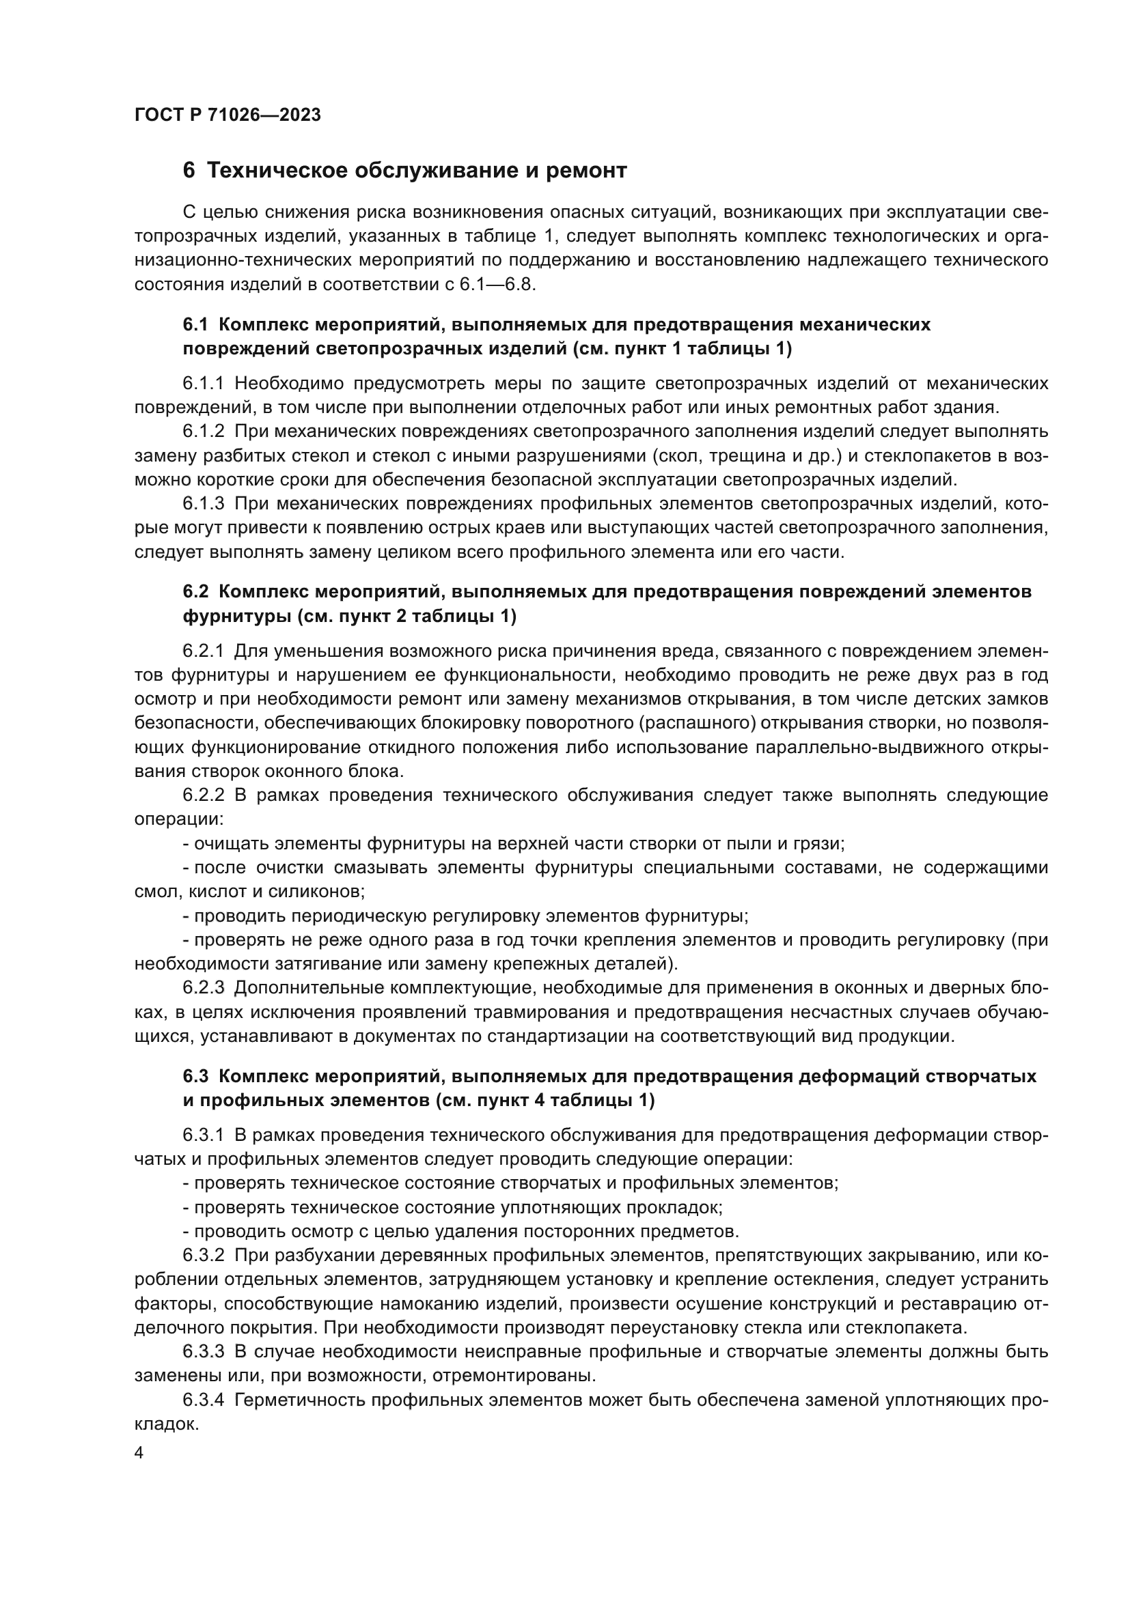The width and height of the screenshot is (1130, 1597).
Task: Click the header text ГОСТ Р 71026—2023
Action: point(228,115)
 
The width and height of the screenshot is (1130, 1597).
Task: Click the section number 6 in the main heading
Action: point(189,171)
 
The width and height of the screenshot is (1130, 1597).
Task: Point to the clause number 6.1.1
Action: point(203,383)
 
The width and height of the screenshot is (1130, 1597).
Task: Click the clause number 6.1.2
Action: point(203,432)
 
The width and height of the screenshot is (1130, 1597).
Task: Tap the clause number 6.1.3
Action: point(203,504)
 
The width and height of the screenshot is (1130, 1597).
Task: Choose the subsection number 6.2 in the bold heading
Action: point(195,591)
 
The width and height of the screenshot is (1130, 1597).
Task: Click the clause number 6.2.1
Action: point(203,651)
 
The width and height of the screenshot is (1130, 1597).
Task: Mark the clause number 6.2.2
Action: point(203,795)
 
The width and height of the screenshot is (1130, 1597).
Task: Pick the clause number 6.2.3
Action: point(203,988)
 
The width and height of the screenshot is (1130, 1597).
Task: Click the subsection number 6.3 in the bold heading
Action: point(195,1076)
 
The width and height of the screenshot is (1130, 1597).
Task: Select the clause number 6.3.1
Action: point(203,1135)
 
